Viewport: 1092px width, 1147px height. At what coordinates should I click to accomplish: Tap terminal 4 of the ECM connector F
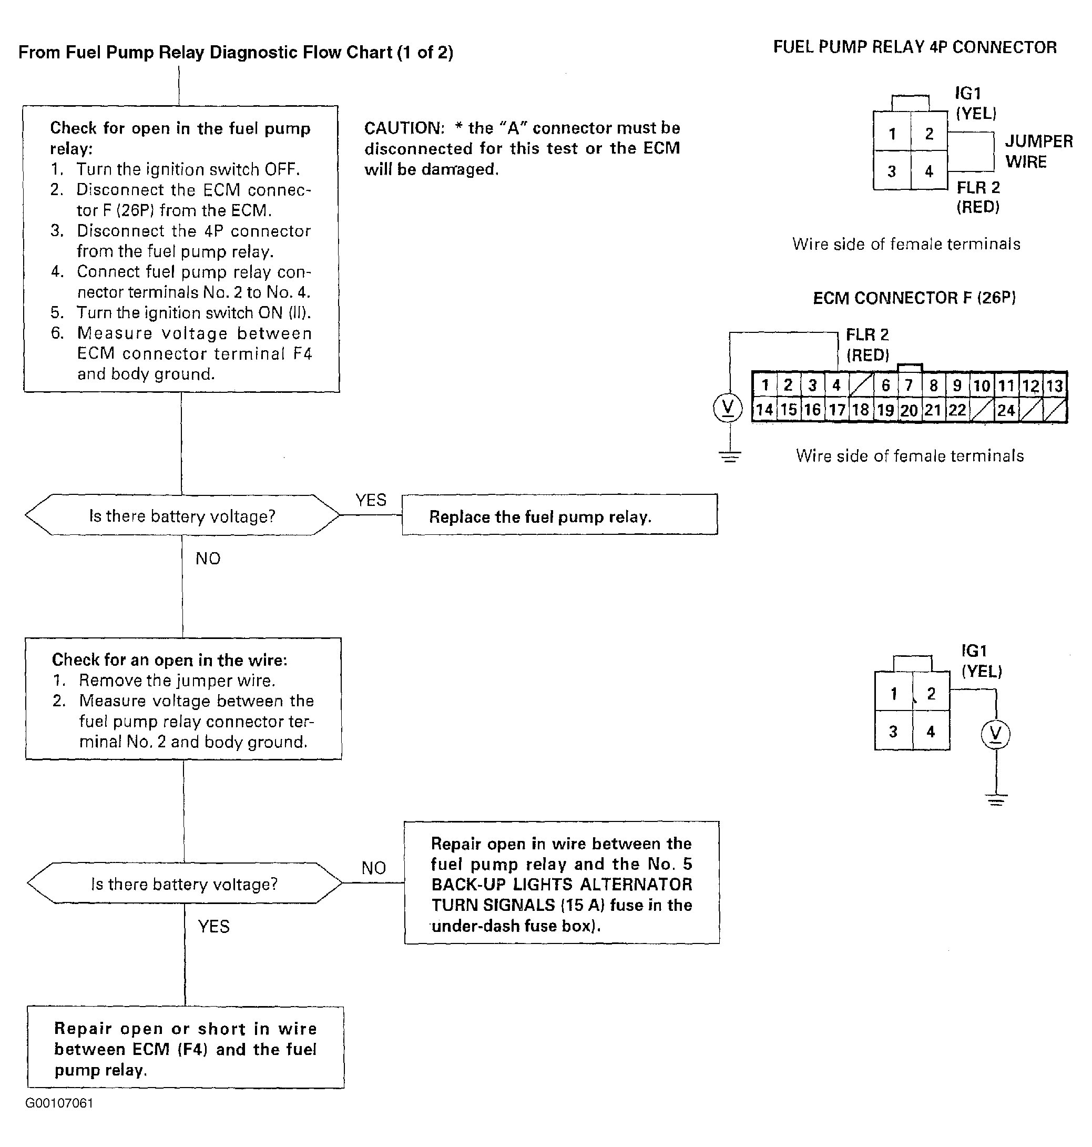836,385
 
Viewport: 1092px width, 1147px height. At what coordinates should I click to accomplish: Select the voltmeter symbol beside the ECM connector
728,408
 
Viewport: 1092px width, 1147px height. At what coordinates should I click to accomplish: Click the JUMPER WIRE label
1038,151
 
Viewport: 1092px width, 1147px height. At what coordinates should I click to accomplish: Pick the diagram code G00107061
59,1103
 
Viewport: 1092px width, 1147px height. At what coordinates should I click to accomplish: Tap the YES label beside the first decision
371,500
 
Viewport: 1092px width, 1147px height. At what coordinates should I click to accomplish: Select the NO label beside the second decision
373,868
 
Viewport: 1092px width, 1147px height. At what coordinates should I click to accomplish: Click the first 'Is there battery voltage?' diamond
182,515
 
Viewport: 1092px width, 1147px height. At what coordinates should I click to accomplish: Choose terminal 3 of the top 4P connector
892,171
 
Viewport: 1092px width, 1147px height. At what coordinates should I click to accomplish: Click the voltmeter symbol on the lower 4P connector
995,734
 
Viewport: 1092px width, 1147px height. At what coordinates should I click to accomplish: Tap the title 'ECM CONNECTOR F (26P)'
914,298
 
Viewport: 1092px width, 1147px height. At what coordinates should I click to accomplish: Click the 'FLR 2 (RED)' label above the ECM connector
868,344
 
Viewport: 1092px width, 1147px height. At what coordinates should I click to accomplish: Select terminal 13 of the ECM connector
1054,385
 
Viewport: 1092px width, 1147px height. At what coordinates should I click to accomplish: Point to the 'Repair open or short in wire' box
185,1048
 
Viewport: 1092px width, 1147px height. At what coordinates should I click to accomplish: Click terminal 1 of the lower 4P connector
893,694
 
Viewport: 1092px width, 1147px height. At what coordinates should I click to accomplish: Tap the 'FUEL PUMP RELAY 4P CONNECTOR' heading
914,47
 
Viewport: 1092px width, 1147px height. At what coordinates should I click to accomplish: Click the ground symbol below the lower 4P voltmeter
996,800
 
